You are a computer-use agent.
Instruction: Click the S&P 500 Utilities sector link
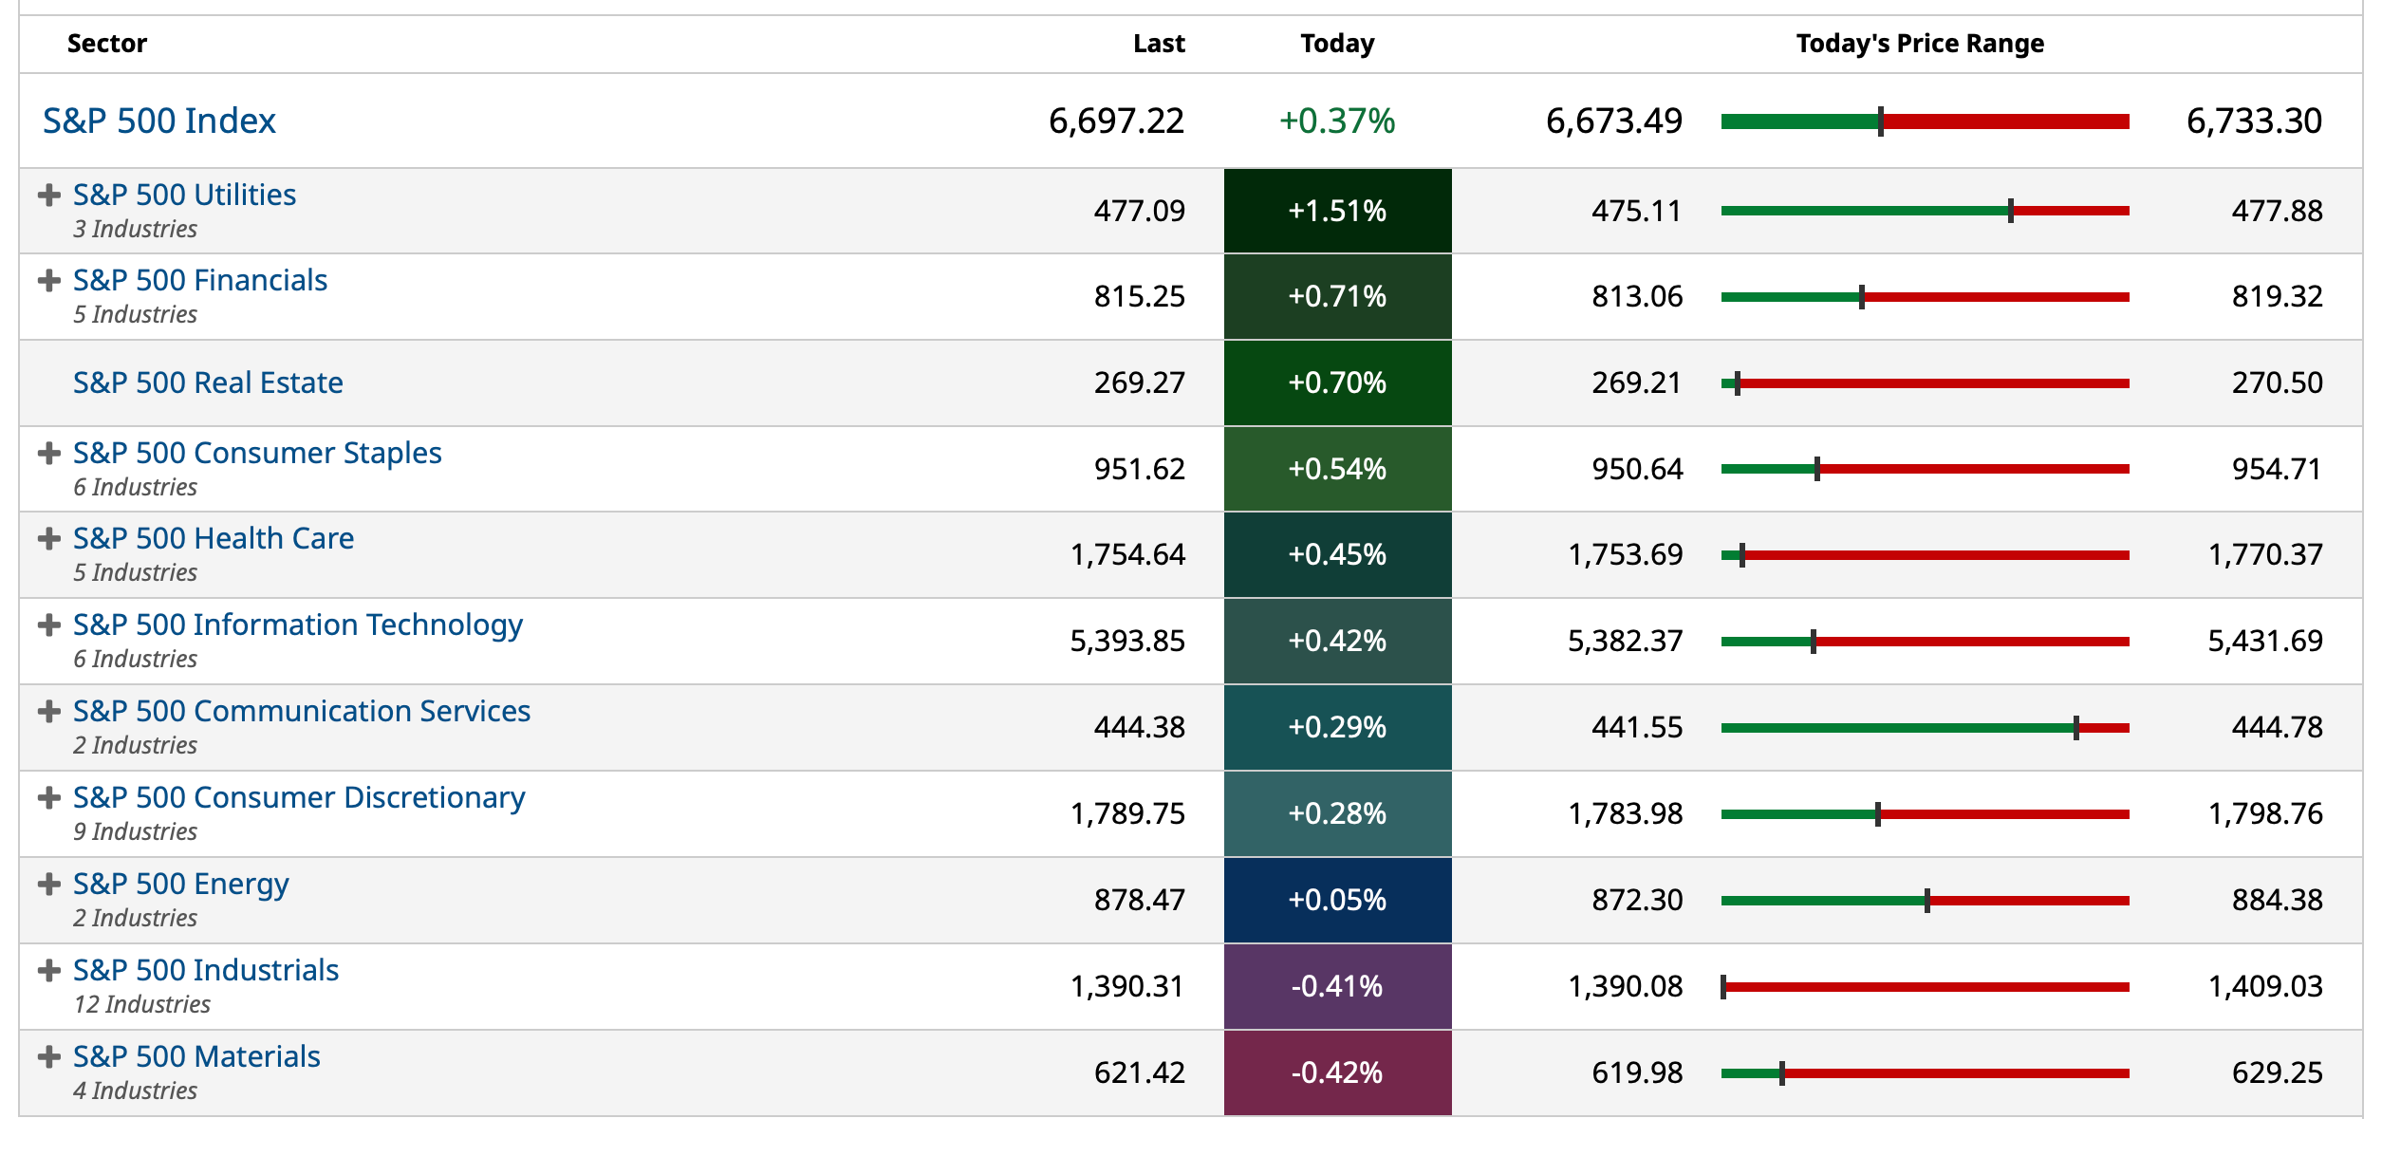click(184, 195)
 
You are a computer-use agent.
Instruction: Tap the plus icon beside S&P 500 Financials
click(49, 281)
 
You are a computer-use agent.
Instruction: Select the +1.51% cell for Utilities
click(1336, 211)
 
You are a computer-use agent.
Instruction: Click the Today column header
click(1336, 44)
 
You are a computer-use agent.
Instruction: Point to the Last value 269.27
click(1139, 382)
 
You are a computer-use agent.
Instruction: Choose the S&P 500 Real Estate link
click(208, 382)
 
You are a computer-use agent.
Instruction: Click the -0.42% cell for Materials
click(1336, 1072)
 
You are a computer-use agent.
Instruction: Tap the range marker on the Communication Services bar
click(2075, 728)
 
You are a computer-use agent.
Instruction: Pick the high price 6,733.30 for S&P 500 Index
click(2253, 121)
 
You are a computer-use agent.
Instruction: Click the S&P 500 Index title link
click(159, 121)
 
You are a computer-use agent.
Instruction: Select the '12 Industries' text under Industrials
click(142, 1004)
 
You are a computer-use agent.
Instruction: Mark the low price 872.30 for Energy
click(1636, 900)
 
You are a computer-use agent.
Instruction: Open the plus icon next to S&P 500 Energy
click(49, 885)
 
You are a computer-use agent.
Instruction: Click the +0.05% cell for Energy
click(1336, 900)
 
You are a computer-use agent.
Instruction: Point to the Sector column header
click(107, 44)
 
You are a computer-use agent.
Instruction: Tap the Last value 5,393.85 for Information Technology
click(1126, 642)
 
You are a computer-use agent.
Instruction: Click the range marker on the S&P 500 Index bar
click(1880, 121)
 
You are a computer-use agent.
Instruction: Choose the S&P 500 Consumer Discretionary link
click(299, 797)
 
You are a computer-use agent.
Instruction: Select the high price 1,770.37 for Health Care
click(2264, 554)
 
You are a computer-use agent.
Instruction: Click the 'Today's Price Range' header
click(1919, 44)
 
